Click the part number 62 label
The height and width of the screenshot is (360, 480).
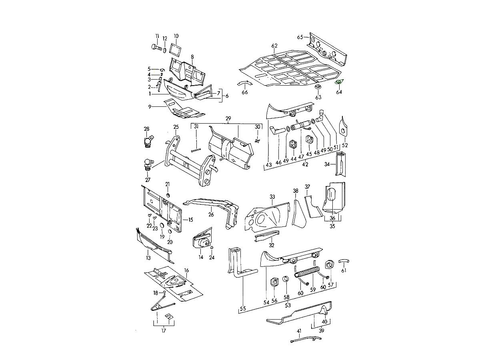click(x=274, y=46)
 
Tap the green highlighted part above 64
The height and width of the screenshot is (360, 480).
click(x=338, y=82)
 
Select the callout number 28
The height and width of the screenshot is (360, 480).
click(x=147, y=129)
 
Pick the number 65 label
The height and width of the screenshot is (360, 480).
click(x=300, y=37)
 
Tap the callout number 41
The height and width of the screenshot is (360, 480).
click(x=299, y=331)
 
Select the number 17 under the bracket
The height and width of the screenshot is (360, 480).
click(x=164, y=330)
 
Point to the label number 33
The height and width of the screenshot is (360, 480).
click(x=272, y=197)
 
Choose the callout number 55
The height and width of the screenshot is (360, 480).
click(x=243, y=309)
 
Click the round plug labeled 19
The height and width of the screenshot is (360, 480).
click(x=162, y=227)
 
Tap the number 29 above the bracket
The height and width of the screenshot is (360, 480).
click(x=228, y=119)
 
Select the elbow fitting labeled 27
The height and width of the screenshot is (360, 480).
click(x=147, y=164)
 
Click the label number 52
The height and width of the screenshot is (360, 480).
click(x=345, y=145)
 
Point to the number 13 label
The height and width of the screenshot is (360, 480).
click(x=148, y=258)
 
